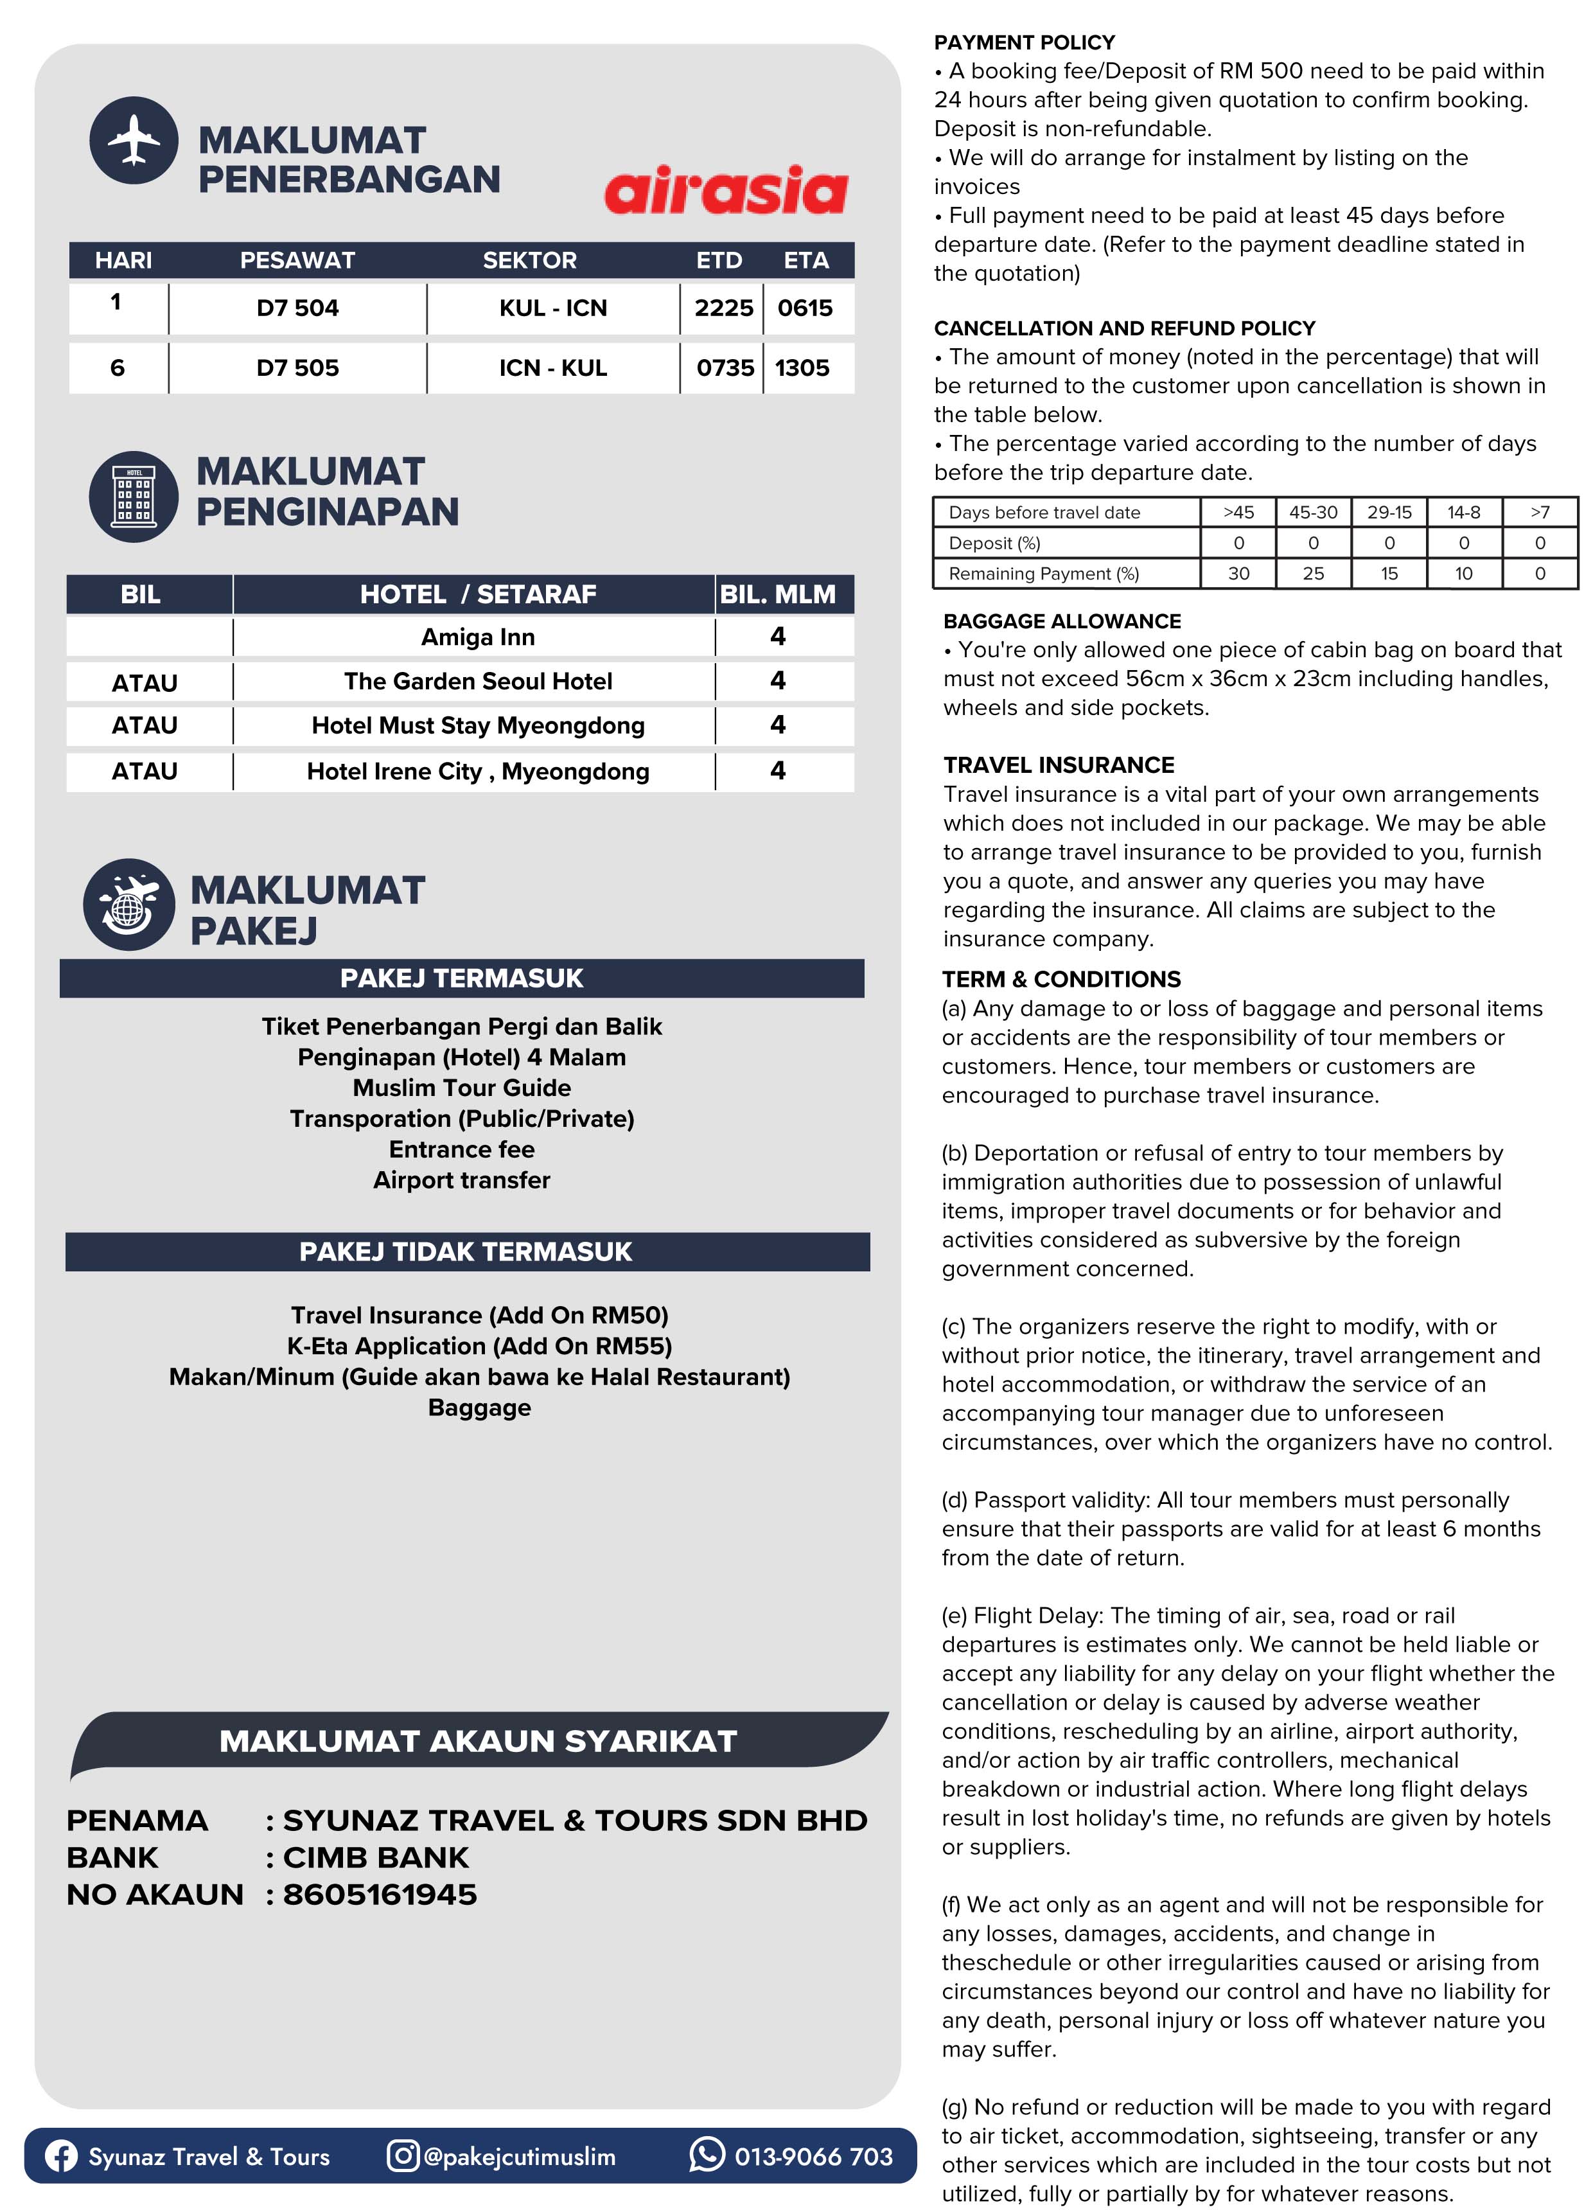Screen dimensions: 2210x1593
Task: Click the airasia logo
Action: pos(726,190)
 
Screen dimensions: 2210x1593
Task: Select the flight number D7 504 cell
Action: pos(297,308)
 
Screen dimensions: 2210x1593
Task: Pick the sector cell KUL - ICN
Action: pos(552,308)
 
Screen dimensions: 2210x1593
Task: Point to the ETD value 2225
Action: pos(723,308)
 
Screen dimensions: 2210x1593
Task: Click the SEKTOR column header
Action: pos(529,260)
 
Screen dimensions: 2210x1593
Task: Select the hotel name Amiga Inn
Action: pos(477,637)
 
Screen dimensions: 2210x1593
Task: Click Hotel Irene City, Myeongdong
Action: pos(477,772)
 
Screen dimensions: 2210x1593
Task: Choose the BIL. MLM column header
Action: pos(777,594)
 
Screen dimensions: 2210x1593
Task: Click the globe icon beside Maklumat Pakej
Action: pos(128,905)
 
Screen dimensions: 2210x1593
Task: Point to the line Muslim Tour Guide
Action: pos(462,1088)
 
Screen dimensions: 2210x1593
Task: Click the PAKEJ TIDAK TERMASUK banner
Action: pos(466,1251)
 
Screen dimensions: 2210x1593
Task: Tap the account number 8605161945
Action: pos(380,1895)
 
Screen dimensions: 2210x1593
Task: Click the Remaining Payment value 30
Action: pos(1237,574)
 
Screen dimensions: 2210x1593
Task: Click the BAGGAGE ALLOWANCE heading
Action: pos(1062,622)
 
